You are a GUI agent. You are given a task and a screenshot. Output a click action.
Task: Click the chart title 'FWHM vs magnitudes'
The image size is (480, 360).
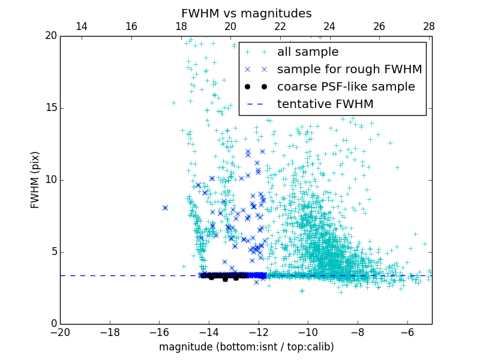point(246,13)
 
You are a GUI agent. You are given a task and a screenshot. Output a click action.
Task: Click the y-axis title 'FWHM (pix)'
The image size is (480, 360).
point(35,179)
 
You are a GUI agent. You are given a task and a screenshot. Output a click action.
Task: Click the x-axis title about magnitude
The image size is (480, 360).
point(246,347)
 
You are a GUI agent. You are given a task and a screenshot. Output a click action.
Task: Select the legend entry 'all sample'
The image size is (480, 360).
point(308,52)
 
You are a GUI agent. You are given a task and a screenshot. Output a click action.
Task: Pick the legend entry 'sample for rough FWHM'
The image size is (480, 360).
point(349,70)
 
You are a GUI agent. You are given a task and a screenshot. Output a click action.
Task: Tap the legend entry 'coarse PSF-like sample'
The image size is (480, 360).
point(346,87)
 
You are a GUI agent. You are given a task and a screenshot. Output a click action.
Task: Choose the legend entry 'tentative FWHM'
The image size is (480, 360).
point(325,104)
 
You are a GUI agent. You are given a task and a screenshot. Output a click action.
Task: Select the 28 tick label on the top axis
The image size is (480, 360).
point(429,26)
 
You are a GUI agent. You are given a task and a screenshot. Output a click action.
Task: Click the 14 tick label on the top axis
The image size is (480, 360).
point(82,26)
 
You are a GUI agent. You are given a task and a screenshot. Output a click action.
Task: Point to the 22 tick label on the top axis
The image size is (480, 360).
point(280,26)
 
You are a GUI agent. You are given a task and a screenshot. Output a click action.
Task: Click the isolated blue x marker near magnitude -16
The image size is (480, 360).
point(165,208)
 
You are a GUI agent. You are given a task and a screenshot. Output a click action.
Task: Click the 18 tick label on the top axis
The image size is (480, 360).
point(181,26)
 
